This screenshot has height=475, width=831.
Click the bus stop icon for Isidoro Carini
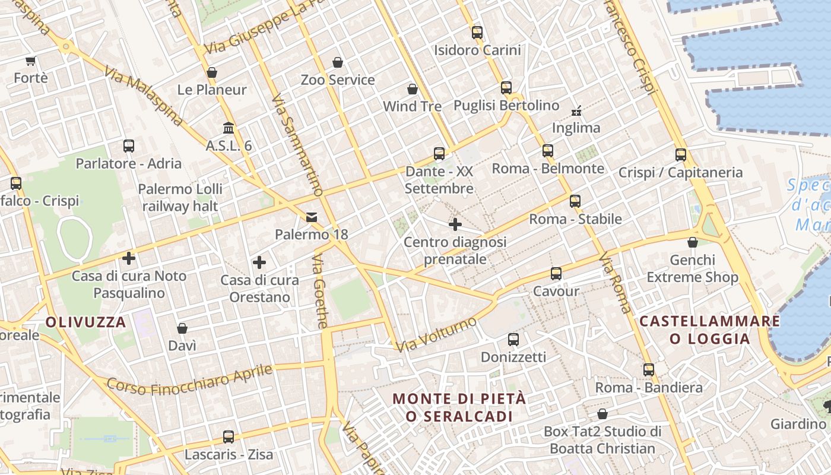[x=477, y=33]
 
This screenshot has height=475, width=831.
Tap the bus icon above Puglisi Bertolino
[x=506, y=88]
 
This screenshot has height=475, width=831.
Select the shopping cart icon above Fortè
[x=31, y=61]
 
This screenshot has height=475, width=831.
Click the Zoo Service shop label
[x=338, y=80]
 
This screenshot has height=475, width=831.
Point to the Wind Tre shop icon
[x=413, y=89]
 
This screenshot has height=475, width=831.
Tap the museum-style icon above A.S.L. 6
[x=229, y=128]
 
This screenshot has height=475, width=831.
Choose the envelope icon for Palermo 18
[x=312, y=217]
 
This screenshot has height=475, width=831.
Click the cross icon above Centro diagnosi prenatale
[x=455, y=224]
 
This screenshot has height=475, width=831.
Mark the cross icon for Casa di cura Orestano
[x=259, y=262]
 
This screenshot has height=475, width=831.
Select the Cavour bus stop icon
[x=556, y=274]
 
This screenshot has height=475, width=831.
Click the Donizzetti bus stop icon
[x=513, y=340]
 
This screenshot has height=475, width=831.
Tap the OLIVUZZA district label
[x=86, y=322]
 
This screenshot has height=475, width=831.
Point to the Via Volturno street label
[x=436, y=335]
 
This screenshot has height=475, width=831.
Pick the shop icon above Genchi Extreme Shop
[x=693, y=242]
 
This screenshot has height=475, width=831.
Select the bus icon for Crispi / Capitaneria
[x=681, y=155]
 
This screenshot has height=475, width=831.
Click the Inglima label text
[x=576, y=128]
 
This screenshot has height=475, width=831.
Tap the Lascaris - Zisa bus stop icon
[x=229, y=437]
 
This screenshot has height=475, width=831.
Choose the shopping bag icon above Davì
[x=182, y=328]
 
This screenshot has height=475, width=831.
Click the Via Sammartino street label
[x=297, y=145]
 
